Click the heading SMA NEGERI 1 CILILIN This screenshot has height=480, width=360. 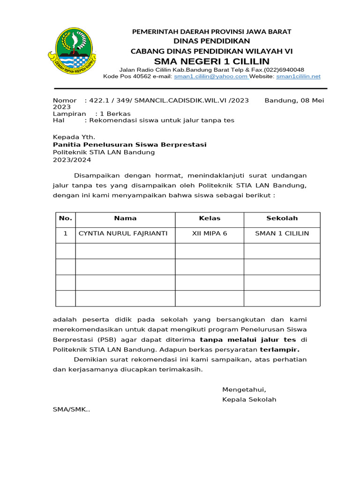coord(212,61)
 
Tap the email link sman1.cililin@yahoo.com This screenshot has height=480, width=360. coord(210,76)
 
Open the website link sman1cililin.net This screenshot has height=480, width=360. coord(298,76)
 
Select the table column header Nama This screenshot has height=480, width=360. coord(125,218)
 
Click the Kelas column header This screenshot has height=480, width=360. coord(210,218)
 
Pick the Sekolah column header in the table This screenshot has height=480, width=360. coord(282,218)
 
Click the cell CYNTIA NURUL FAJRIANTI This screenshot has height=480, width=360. coord(123,233)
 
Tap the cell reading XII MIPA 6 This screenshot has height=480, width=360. coord(210,233)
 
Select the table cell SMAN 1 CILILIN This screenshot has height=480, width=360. coord(282,233)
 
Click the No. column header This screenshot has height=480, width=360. coord(66,218)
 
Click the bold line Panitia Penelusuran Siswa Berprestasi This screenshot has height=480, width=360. coord(129,144)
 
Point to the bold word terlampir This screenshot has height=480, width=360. coord(279,350)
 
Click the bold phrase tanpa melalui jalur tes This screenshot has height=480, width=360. coord(248,339)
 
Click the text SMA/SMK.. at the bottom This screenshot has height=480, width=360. coord(71,409)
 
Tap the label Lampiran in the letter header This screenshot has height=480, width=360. coord(69,113)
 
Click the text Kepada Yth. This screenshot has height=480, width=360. coord(74,137)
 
